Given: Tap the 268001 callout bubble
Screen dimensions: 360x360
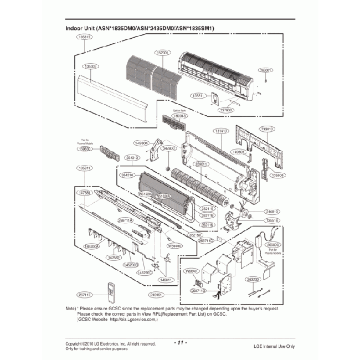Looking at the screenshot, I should coord(266,70).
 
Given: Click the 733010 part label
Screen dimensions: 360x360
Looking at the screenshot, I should coord(268,128).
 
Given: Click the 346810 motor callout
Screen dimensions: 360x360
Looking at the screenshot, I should coord(272,211).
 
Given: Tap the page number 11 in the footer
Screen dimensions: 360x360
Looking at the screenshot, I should coord(180,343).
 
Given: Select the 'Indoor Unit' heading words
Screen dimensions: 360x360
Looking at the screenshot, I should coord(80,28).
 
